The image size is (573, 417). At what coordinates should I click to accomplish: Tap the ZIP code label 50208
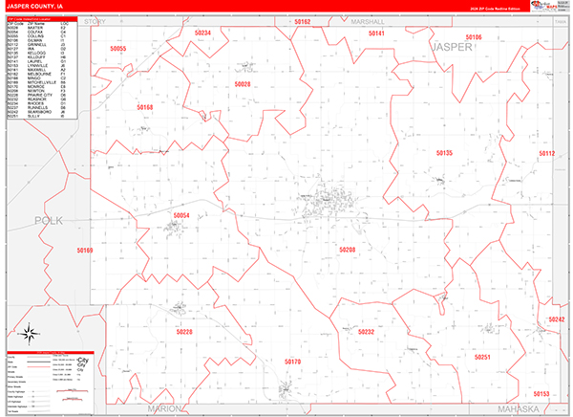(347, 250)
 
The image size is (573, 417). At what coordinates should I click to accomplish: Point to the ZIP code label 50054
(181, 216)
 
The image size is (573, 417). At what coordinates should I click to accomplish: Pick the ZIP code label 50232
(367, 332)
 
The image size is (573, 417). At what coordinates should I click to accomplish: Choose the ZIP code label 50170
(292, 362)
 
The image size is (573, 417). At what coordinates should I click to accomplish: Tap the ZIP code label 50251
(482, 356)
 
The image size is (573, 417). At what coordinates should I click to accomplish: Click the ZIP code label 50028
(243, 85)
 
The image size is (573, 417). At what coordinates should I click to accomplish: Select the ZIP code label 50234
(202, 33)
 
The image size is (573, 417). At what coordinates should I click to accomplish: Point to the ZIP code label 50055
(118, 48)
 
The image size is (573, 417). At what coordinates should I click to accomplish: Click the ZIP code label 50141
(375, 33)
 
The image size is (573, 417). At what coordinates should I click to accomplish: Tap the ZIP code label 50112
(545, 153)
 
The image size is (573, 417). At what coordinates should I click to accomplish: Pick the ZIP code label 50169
(85, 251)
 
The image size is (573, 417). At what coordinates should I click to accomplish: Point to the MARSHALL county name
(368, 20)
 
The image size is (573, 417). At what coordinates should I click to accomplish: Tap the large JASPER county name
(453, 46)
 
